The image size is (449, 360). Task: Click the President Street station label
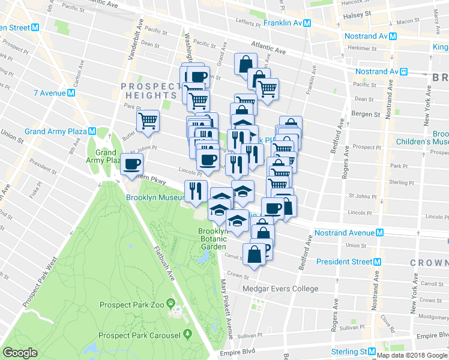[x=344, y=262]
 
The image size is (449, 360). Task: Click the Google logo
[x=20, y=353]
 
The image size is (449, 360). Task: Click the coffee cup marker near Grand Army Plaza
[x=132, y=163]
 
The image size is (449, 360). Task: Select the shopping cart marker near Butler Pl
[x=148, y=121]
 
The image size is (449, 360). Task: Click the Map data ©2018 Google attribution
[x=411, y=355]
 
